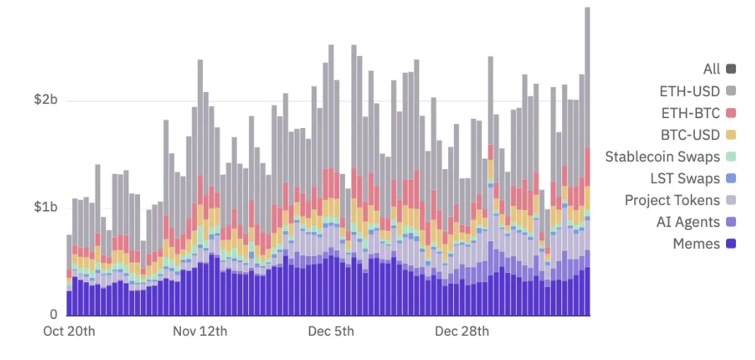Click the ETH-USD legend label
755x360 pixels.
pos(689,91)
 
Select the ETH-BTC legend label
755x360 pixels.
pos(690,112)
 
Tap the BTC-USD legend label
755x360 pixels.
pos(690,134)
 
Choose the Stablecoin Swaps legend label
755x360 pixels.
pos(662,156)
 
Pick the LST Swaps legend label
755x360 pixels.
pos(684,178)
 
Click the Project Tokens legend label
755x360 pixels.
pos(672,200)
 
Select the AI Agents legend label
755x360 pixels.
pos(688,222)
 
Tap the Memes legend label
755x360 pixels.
pos(696,244)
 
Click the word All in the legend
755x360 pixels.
pos(711,69)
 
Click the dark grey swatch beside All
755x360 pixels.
pos(731,69)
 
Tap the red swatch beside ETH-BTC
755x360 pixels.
pos(731,112)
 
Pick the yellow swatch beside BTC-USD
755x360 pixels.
pos(731,134)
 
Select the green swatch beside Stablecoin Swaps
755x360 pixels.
pos(731,156)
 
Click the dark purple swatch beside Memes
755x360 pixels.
pos(731,244)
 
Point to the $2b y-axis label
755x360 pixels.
pos(45,100)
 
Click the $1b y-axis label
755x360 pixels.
pos(45,207)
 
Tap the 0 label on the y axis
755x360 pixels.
pos(53,315)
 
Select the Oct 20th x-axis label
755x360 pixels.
pos(69,331)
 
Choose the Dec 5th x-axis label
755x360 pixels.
pos(332,331)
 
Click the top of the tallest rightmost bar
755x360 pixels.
pos(587,8)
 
